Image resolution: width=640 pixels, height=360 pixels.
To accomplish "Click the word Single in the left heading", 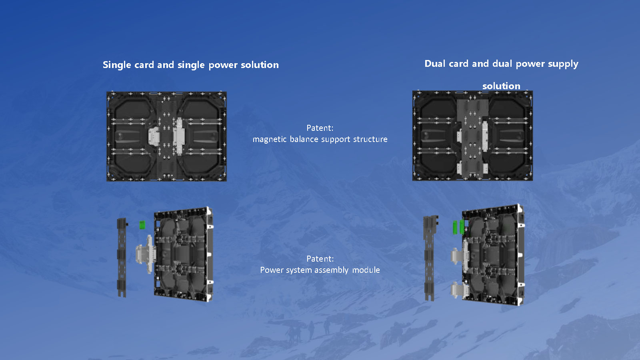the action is pyautogui.click(x=117, y=65).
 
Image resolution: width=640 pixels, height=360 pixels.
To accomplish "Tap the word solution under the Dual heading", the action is pyautogui.click(x=501, y=86).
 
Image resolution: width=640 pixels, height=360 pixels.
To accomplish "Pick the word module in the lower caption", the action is pyautogui.click(x=366, y=270).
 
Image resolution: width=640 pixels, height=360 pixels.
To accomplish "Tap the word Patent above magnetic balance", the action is pyautogui.click(x=320, y=128).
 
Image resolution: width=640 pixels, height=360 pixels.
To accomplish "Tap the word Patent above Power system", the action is pyautogui.click(x=320, y=258).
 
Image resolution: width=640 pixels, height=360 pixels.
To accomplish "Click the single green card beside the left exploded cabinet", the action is pyautogui.click(x=142, y=224).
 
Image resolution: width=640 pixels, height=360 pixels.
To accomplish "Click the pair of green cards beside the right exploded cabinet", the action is pyautogui.click(x=458, y=227).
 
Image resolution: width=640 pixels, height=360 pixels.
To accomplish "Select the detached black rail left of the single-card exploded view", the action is pyautogui.click(x=122, y=258).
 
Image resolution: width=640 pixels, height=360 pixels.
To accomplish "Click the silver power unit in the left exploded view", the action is pyautogui.click(x=146, y=254).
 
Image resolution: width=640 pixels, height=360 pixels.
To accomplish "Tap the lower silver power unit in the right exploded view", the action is pyautogui.click(x=459, y=290).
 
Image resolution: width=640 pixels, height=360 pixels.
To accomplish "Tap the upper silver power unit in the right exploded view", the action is pyautogui.click(x=459, y=255).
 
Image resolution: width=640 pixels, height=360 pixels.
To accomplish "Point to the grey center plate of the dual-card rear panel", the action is pyautogui.click(x=472, y=137).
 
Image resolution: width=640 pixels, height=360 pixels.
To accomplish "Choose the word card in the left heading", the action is pyautogui.click(x=144, y=65).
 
